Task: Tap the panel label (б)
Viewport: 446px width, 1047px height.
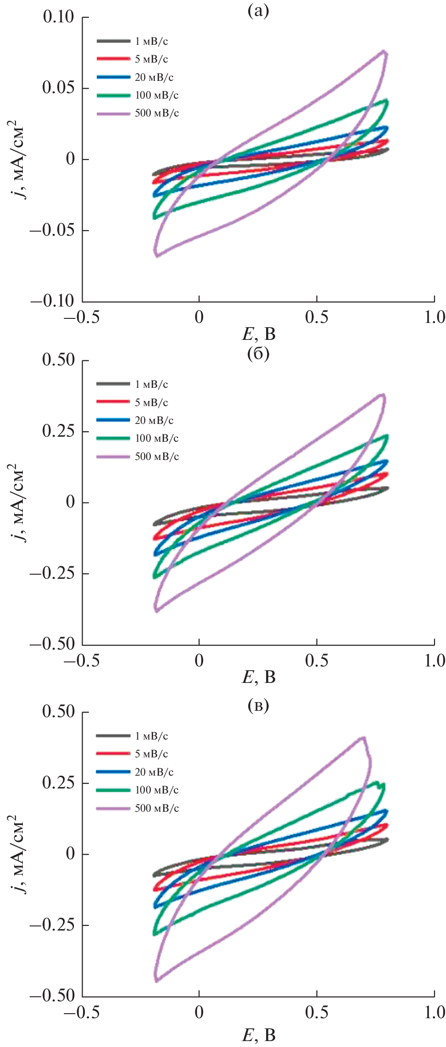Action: [x=258, y=354]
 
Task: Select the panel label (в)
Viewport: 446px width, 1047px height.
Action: [x=258, y=706]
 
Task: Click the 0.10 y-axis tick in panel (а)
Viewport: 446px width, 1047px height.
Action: [x=58, y=17]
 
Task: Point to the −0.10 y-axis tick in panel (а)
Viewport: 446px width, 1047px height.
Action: [x=52, y=301]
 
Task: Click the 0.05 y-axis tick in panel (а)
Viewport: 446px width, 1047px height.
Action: [x=58, y=88]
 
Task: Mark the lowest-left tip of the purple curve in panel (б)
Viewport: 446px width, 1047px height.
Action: [x=157, y=610]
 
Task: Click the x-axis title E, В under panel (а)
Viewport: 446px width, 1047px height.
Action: [x=258, y=334]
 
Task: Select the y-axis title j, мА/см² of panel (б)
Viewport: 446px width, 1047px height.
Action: [x=17, y=502]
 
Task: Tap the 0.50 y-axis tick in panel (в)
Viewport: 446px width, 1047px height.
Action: [x=58, y=712]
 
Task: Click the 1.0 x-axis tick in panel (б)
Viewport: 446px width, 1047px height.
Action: [x=434, y=661]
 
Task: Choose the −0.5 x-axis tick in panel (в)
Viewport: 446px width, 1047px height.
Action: [x=82, y=1012]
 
